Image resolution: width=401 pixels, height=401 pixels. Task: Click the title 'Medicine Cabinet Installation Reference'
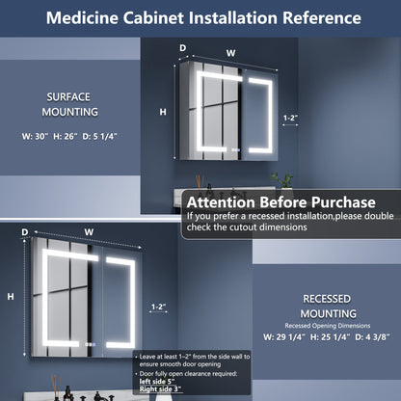200,18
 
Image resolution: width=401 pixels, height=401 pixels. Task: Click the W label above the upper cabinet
230,53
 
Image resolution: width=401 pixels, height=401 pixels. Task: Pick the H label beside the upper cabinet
162,112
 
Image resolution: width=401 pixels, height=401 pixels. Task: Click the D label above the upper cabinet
182,46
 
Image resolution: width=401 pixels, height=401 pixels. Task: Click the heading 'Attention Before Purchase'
280,202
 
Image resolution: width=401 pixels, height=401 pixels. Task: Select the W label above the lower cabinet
89,231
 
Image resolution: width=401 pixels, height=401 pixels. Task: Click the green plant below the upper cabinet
281,180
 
